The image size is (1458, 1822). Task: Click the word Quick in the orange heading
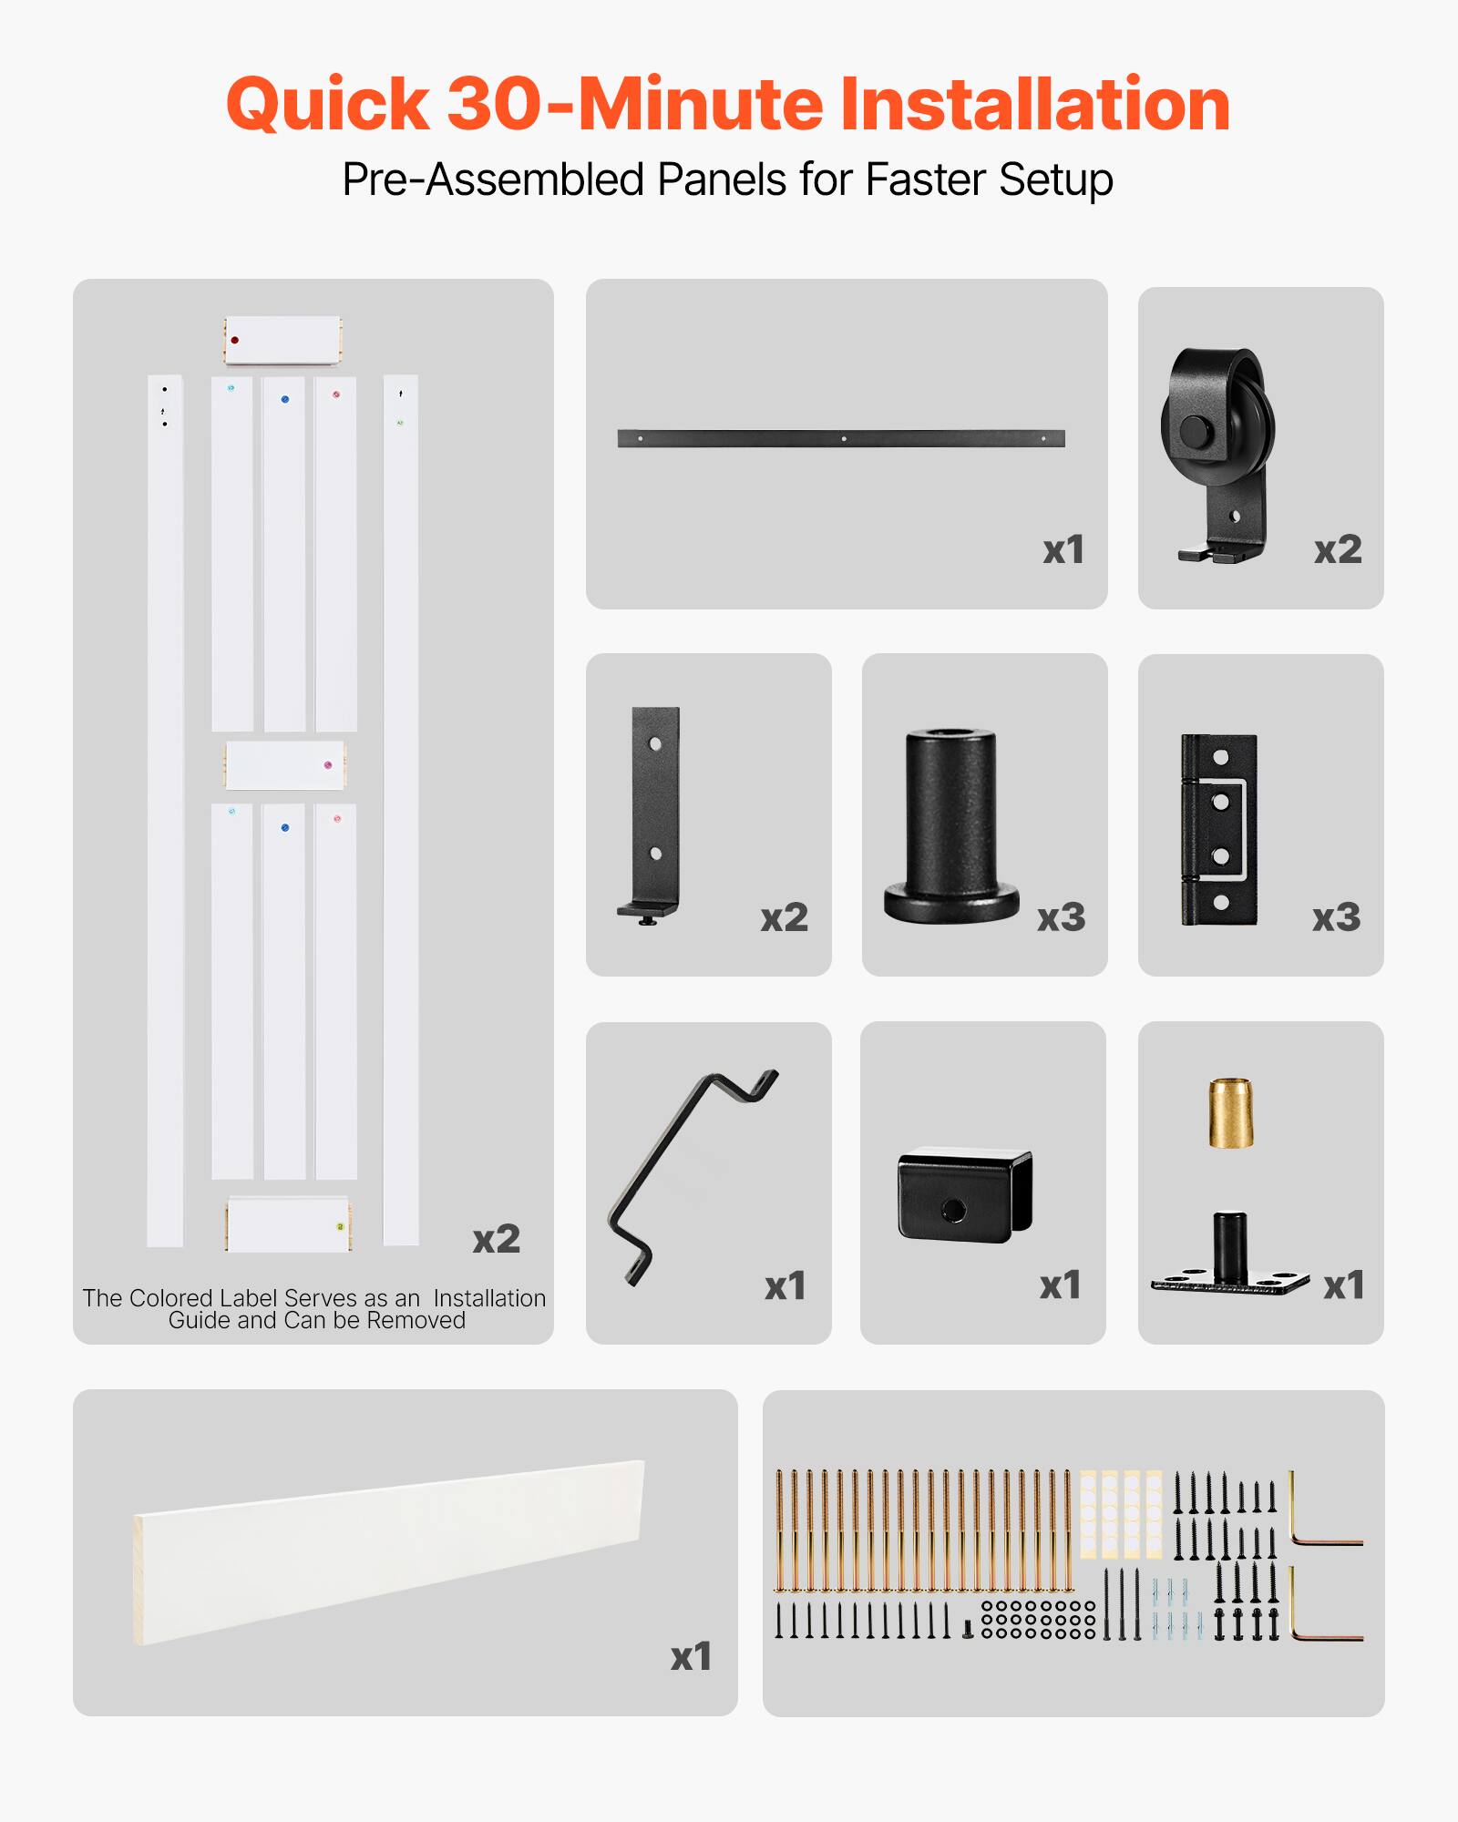click(x=327, y=105)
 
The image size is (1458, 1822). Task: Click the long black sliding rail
click(x=840, y=438)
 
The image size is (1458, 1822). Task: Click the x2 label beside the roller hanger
click(x=1337, y=549)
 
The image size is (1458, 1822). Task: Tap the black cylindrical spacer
click(x=950, y=824)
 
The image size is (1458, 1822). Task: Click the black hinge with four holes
click(x=1218, y=829)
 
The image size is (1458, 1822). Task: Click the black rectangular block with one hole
click(x=964, y=1193)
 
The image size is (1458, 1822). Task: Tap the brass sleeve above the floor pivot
click(x=1230, y=1112)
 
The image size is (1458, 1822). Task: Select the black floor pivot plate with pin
click(x=1229, y=1262)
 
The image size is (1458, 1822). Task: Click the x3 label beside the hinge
click(x=1336, y=917)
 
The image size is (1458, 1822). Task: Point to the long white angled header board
click(x=390, y=1551)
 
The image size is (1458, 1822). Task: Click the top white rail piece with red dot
click(x=282, y=340)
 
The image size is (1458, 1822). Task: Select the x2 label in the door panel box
click(x=496, y=1239)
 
